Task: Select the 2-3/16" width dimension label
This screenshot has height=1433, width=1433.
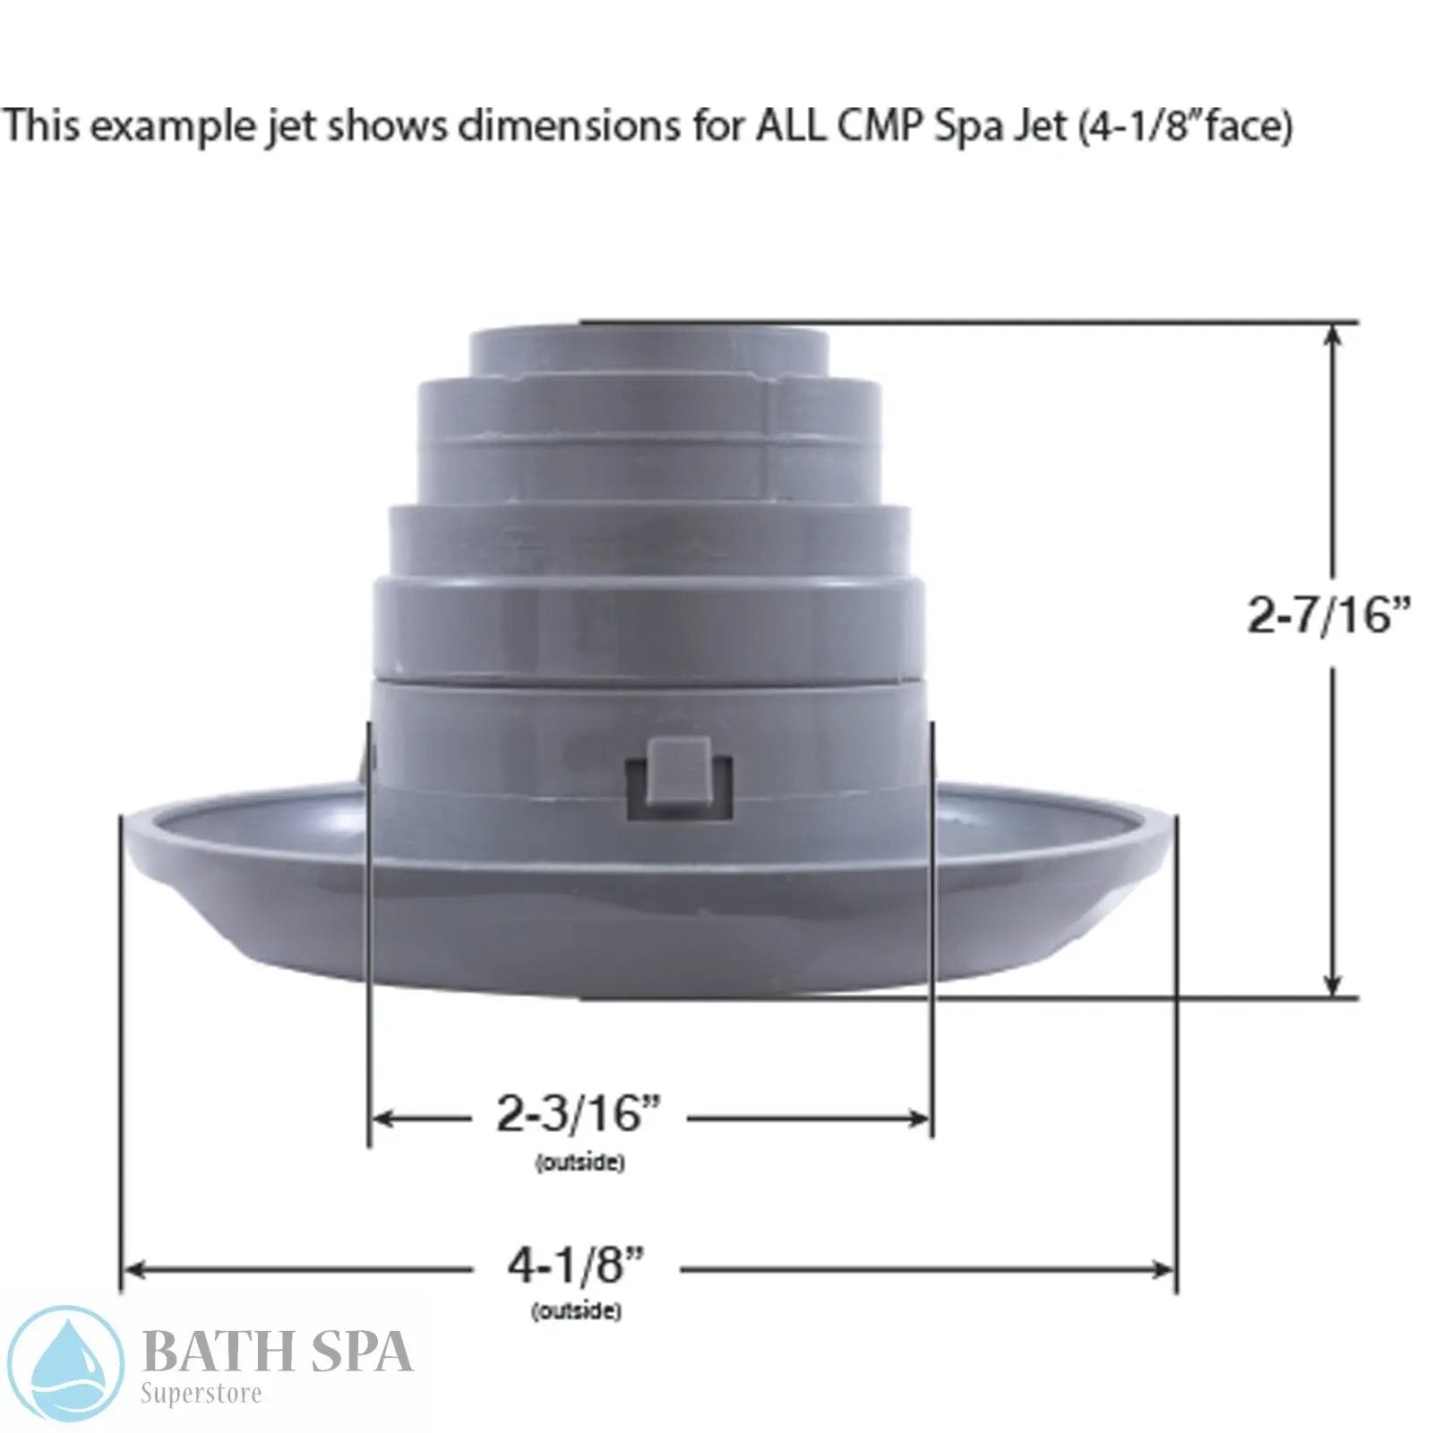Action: pyautogui.click(x=579, y=1115)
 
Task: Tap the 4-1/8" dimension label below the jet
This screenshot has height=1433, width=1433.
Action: pyautogui.click(x=576, y=1266)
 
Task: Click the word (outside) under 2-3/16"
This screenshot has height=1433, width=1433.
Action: pyautogui.click(x=579, y=1163)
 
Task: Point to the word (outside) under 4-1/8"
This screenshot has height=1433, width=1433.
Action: pyautogui.click(x=576, y=1311)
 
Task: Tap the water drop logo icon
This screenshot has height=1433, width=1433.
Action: pyautogui.click(x=64, y=1363)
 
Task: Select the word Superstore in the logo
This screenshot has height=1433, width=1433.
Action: pyautogui.click(x=202, y=1393)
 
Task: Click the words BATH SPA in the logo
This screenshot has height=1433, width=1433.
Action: pyautogui.click(x=277, y=1351)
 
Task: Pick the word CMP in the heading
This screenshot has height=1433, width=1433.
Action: pyautogui.click(x=881, y=125)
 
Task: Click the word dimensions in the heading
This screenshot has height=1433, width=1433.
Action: pyautogui.click(x=568, y=125)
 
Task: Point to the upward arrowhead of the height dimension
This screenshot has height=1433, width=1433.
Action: pyautogui.click(x=1333, y=333)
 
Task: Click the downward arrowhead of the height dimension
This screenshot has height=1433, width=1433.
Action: pyautogui.click(x=1333, y=985)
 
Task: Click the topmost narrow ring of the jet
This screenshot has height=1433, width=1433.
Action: pyautogui.click(x=648, y=349)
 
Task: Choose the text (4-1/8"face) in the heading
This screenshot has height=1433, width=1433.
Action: pyautogui.click(x=1185, y=125)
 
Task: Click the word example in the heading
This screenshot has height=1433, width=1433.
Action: pyautogui.click(x=161, y=125)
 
